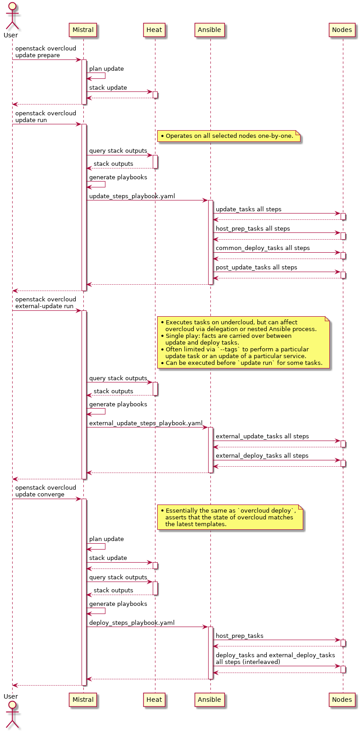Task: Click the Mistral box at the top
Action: (83, 30)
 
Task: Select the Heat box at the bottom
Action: (154, 700)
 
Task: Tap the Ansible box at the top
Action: (210, 30)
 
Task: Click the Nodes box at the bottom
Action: (342, 700)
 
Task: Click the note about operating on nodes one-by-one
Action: (229, 136)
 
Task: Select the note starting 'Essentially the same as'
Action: (230, 517)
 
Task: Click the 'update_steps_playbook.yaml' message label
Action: (132, 196)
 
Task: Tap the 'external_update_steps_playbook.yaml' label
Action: (146, 423)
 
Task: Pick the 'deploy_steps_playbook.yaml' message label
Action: (132, 623)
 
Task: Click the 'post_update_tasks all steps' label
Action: (256, 268)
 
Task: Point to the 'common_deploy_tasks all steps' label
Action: (263, 248)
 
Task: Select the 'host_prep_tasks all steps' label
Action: (253, 229)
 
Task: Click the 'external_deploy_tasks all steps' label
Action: (262, 456)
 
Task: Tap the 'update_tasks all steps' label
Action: (248, 209)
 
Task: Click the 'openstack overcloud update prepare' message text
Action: (46, 52)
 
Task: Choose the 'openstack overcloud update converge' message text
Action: (46, 491)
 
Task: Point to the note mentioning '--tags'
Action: (243, 342)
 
